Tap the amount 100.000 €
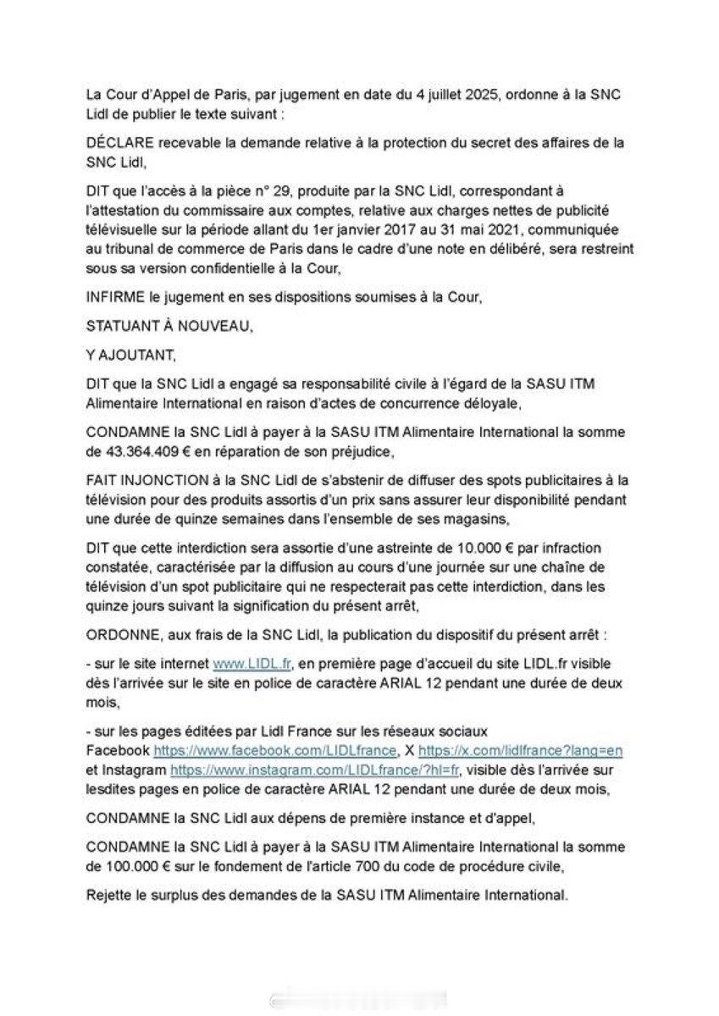pyautogui.click(x=134, y=865)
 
